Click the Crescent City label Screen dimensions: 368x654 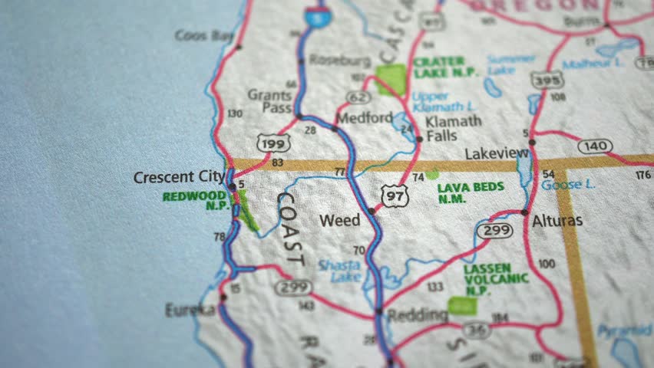(179, 177)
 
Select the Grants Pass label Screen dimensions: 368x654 (269, 102)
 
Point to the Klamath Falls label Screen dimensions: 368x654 (454, 127)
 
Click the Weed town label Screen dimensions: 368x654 (339, 220)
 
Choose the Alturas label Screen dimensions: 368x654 (557, 221)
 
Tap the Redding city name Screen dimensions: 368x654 (418, 315)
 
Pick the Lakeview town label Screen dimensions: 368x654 (497, 153)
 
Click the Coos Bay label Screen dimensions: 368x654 (203, 34)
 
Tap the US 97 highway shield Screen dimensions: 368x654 (395, 196)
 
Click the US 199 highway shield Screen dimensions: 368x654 (275, 142)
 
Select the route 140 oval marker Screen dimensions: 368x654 (596, 146)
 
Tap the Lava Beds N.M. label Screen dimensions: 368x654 (470, 192)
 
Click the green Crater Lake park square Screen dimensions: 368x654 (391, 79)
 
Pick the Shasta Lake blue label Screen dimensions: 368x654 (339, 271)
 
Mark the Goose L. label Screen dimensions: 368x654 (568, 185)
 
